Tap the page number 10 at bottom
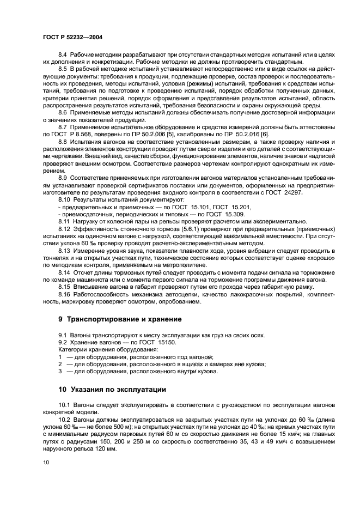[46, 462]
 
